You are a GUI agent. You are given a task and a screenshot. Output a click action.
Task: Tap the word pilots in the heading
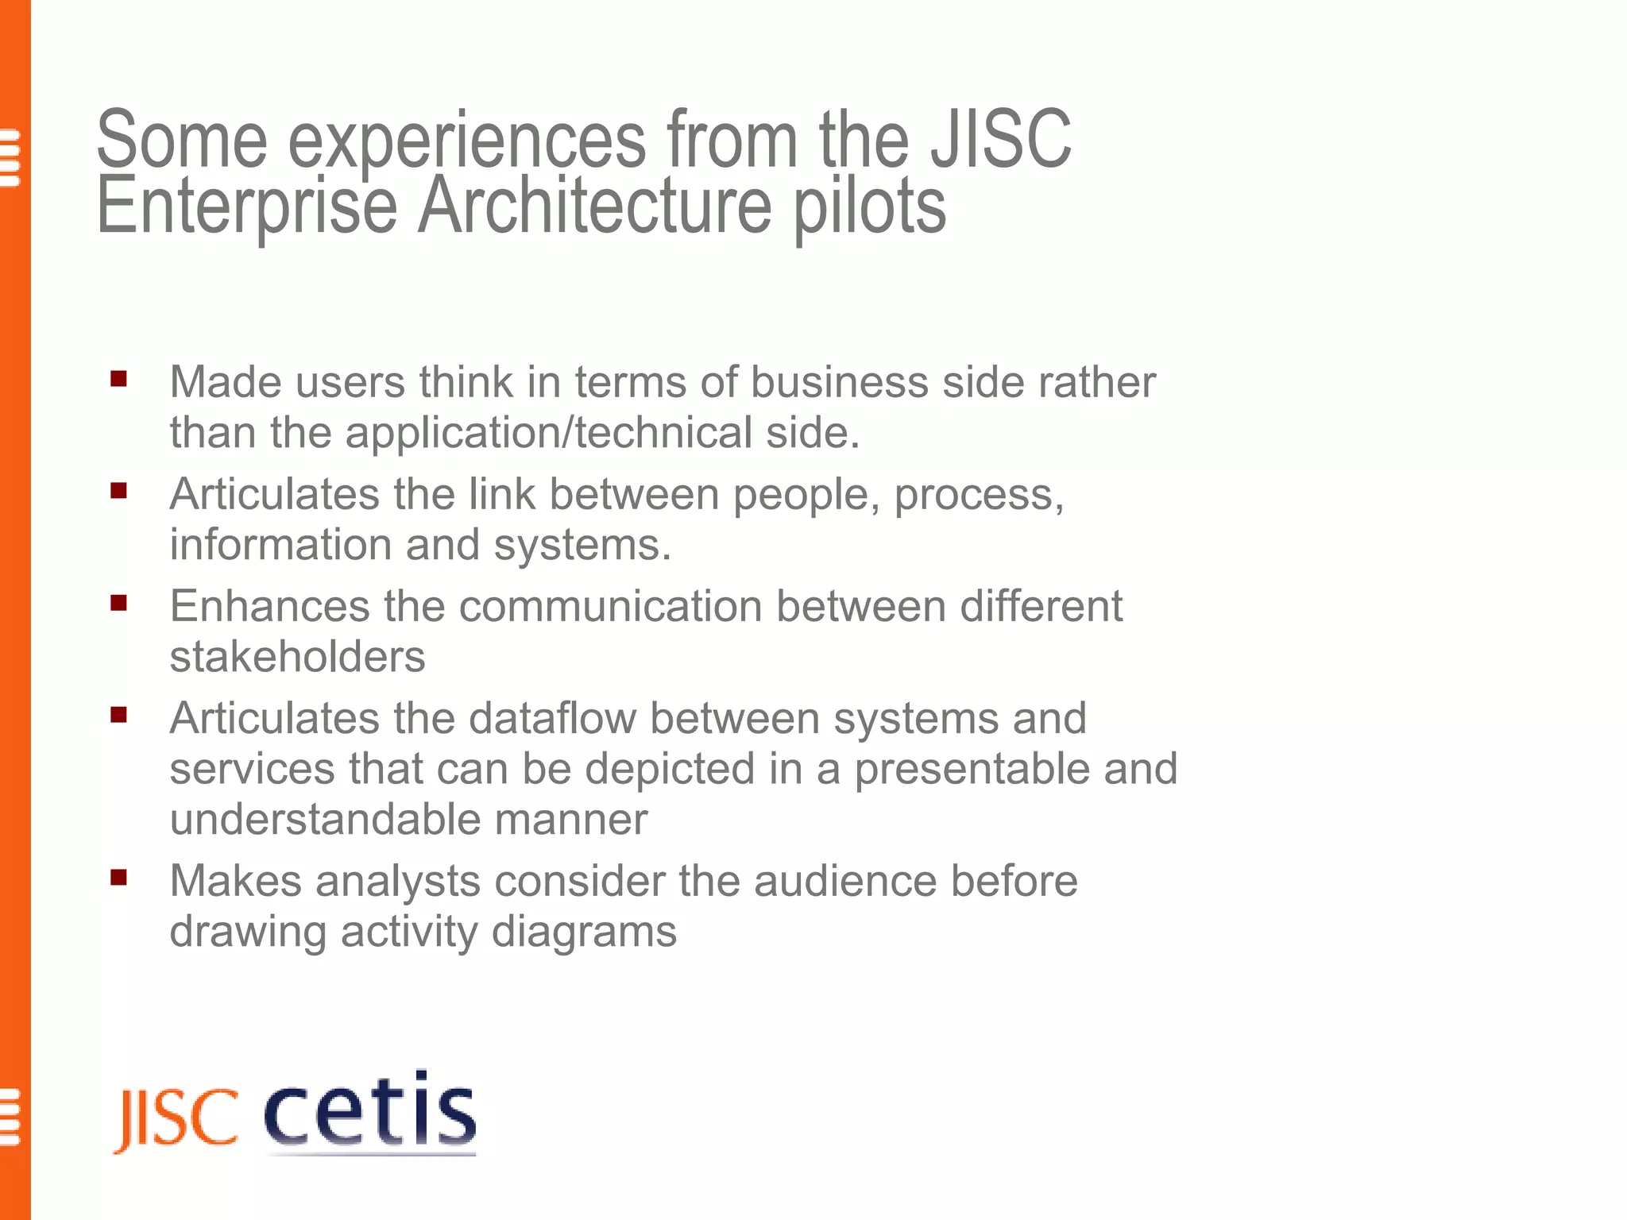click(869, 208)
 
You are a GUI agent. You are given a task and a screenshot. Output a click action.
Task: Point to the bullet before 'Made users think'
click(119, 379)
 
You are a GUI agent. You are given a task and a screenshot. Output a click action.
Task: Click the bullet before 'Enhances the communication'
click(119, 603)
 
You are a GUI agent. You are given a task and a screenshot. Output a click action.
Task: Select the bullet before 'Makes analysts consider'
click(119, 878)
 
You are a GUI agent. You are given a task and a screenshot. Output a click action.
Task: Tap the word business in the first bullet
click(839, 382)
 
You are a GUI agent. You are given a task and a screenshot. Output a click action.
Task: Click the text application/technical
click(548, 434)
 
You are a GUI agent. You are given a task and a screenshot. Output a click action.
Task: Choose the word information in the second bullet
click(280, 545)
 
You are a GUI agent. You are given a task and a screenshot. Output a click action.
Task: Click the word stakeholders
click(297, 657)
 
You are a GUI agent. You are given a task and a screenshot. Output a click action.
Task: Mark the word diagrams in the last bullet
click(584, 932)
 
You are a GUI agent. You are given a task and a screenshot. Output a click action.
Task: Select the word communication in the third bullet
click(610, 606)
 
